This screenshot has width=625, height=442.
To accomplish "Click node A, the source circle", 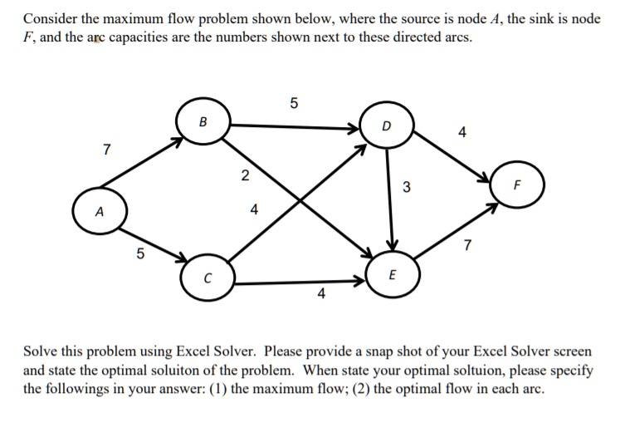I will tap(100, 211).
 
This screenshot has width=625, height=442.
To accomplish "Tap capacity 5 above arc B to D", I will tap(292, 103).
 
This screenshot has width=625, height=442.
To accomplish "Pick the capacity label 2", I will tap(243, 174).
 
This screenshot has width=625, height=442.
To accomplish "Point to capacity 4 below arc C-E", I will tap(321, 293).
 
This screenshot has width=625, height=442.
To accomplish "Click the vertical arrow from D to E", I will tap(389, 199).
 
